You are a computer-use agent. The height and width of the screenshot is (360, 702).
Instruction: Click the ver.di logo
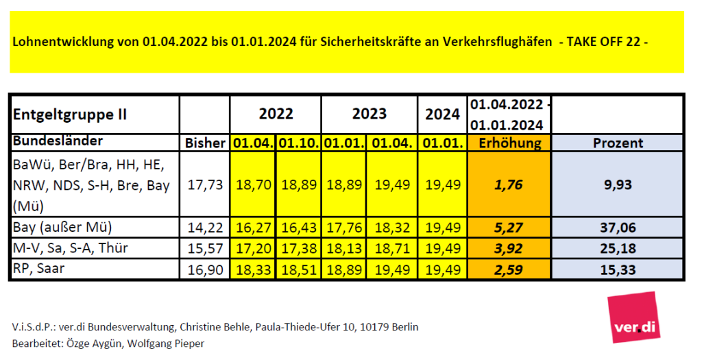pos(633,317)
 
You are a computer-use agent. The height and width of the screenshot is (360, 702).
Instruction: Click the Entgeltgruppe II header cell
pos(70,115)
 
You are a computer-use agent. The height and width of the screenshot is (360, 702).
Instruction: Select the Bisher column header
pos(205,143)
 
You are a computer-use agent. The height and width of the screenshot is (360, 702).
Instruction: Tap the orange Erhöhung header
pos(509,143)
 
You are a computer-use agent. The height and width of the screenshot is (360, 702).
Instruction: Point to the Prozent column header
pos(618,143)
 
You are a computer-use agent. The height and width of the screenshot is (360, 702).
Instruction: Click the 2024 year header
pos(442,115)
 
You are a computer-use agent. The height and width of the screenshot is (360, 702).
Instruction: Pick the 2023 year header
pos(370,114)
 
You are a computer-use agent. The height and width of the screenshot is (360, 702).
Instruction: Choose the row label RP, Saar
pos(38,269)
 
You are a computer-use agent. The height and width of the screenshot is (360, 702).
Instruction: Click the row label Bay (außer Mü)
pos(62,228)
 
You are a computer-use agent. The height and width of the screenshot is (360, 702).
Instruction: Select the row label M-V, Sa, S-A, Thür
pos(71,248)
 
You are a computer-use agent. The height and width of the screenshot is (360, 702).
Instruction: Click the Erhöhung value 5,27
pos(509,228)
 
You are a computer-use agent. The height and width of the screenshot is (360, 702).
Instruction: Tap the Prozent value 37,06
pos(618,228)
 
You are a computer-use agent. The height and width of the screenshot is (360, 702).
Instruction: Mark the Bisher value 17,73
pos(205,184)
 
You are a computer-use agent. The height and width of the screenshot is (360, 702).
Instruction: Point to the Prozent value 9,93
pos(618,184)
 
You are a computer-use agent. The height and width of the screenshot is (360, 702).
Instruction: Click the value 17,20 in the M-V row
pos(254,248)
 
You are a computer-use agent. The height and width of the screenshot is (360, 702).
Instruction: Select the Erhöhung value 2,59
pos(509,269)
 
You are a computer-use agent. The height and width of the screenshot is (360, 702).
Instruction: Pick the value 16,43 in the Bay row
pos(299,228)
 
